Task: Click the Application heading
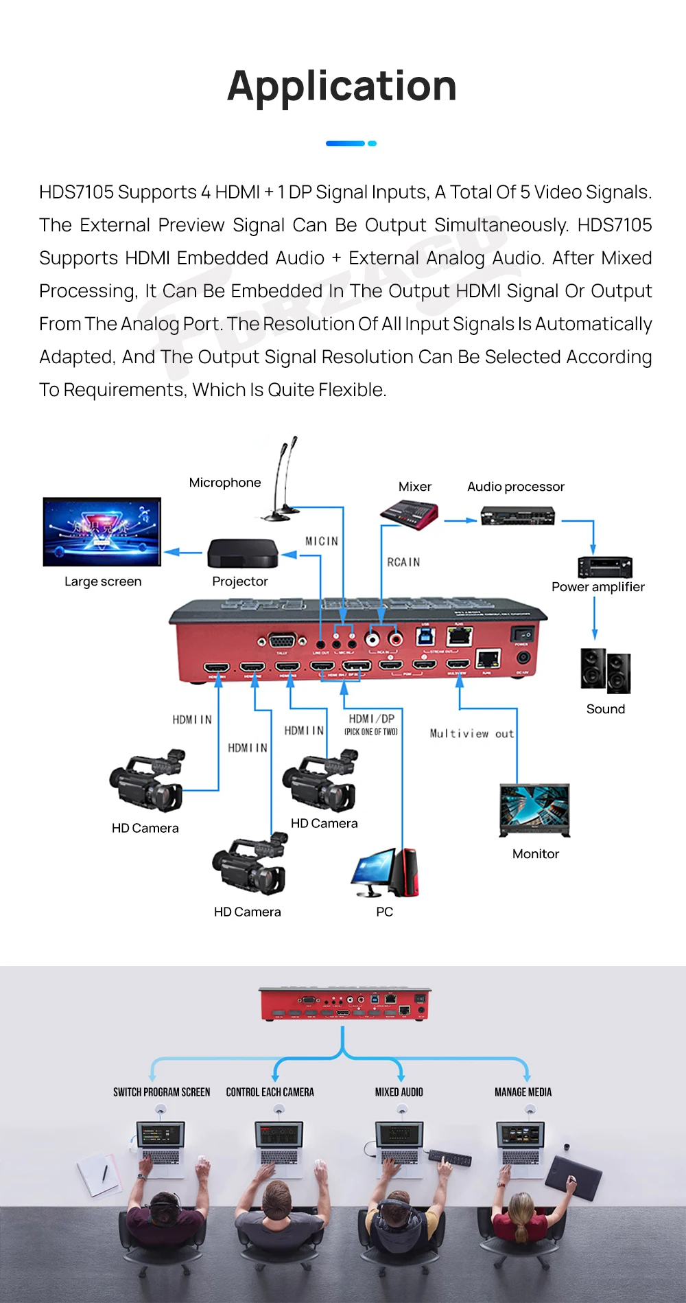[342, 86]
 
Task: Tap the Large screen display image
[102, 532]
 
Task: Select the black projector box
[243, 553]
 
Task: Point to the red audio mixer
[410, 514]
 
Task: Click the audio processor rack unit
[517, 515]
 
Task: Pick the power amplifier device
[604, 567]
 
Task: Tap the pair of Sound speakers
[605, 670]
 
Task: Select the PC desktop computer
[385, 873]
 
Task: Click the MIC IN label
[322, 541]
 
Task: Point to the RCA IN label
[403, 562]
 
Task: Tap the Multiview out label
[471, 733]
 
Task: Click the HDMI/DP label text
[371, 719]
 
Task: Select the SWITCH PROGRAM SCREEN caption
[162, 1092]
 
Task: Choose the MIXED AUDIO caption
[399, 1092]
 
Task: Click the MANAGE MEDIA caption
[523, 1092]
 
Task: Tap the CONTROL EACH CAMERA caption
[270, 1092]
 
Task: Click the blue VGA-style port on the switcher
[281, 641]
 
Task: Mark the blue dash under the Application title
[346, 143]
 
